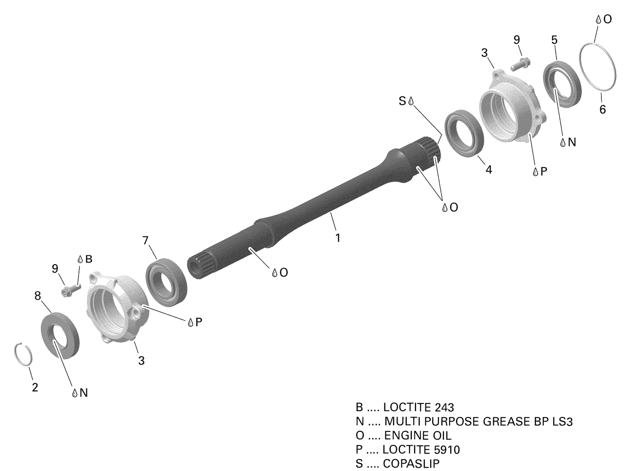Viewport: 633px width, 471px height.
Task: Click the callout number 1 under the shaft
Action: tap(338, 238)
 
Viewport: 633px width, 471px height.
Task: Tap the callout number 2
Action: tap(35, 387)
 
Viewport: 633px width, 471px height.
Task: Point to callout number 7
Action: tap(146, 241)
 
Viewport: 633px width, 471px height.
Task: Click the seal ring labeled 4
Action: tap(464, 132)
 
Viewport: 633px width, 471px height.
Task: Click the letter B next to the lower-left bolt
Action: tap(89, 259)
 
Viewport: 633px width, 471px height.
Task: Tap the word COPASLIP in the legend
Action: tap(411, 463)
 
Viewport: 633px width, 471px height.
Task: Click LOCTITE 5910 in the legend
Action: tap(421, 449)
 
